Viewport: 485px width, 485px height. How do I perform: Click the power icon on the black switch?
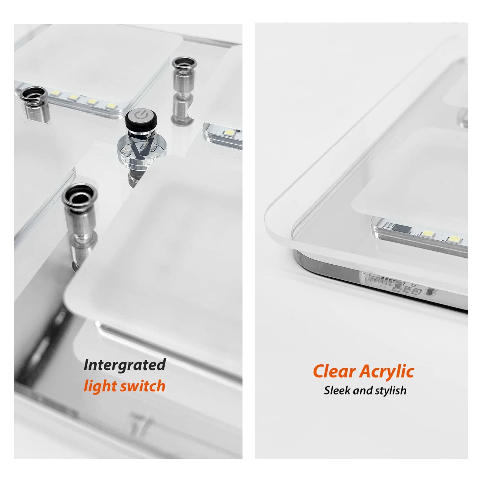point(140,115)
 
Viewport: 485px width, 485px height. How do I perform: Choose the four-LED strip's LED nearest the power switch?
point(111,106)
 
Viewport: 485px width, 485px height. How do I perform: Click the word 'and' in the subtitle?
point(363,390)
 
